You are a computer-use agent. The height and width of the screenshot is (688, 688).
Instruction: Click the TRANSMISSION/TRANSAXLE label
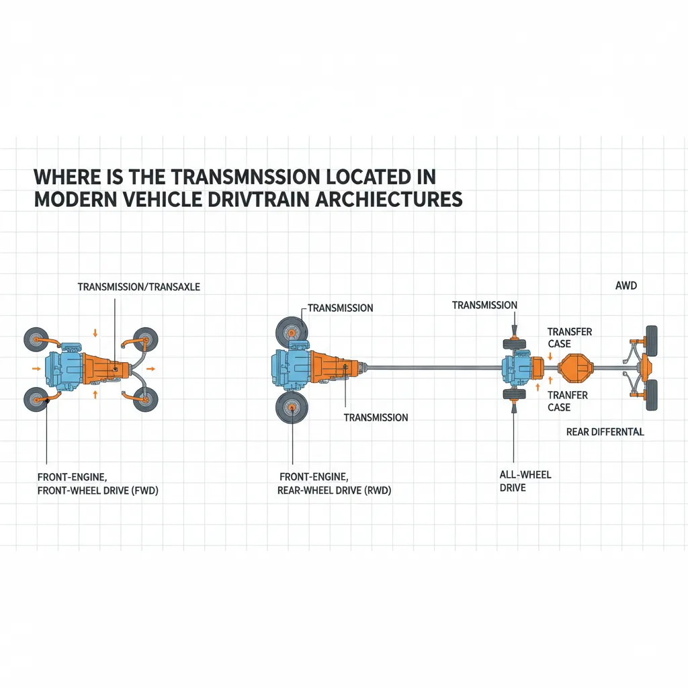[139, 287]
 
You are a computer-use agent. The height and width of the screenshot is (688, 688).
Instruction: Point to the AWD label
[626, 286]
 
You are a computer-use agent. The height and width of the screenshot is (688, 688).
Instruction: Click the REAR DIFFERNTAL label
[605, 431]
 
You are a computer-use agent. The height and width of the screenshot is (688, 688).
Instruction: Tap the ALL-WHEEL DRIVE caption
[525, 481]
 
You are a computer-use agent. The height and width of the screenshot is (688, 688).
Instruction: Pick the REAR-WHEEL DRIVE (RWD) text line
[334, 491]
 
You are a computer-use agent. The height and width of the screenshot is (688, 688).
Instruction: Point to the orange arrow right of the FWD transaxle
[150, 369]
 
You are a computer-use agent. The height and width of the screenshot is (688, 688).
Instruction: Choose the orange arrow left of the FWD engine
[34, 369]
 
